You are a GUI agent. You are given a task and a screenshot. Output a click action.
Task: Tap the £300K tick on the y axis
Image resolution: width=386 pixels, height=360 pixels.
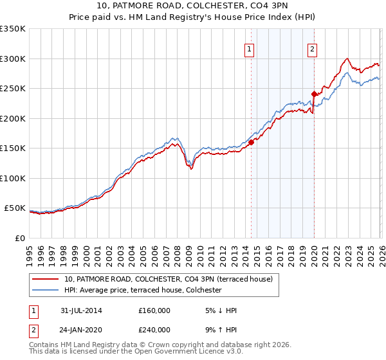[13, 59]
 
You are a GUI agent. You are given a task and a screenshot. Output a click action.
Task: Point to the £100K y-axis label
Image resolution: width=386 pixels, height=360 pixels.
[13, 178]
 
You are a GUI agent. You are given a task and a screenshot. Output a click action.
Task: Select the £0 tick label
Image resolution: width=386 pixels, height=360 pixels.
[19, 238]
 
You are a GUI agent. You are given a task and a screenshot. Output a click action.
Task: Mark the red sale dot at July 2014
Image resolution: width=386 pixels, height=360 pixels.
[251, 143]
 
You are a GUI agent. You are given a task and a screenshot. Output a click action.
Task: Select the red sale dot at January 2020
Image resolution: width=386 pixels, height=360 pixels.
[313, 94]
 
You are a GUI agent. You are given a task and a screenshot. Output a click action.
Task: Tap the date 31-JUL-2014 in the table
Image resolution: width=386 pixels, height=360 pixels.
[81, 310]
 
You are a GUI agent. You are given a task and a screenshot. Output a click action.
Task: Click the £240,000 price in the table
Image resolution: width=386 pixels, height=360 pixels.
[154, 329]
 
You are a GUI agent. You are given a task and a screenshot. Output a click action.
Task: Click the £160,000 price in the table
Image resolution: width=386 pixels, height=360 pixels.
[154, 310]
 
